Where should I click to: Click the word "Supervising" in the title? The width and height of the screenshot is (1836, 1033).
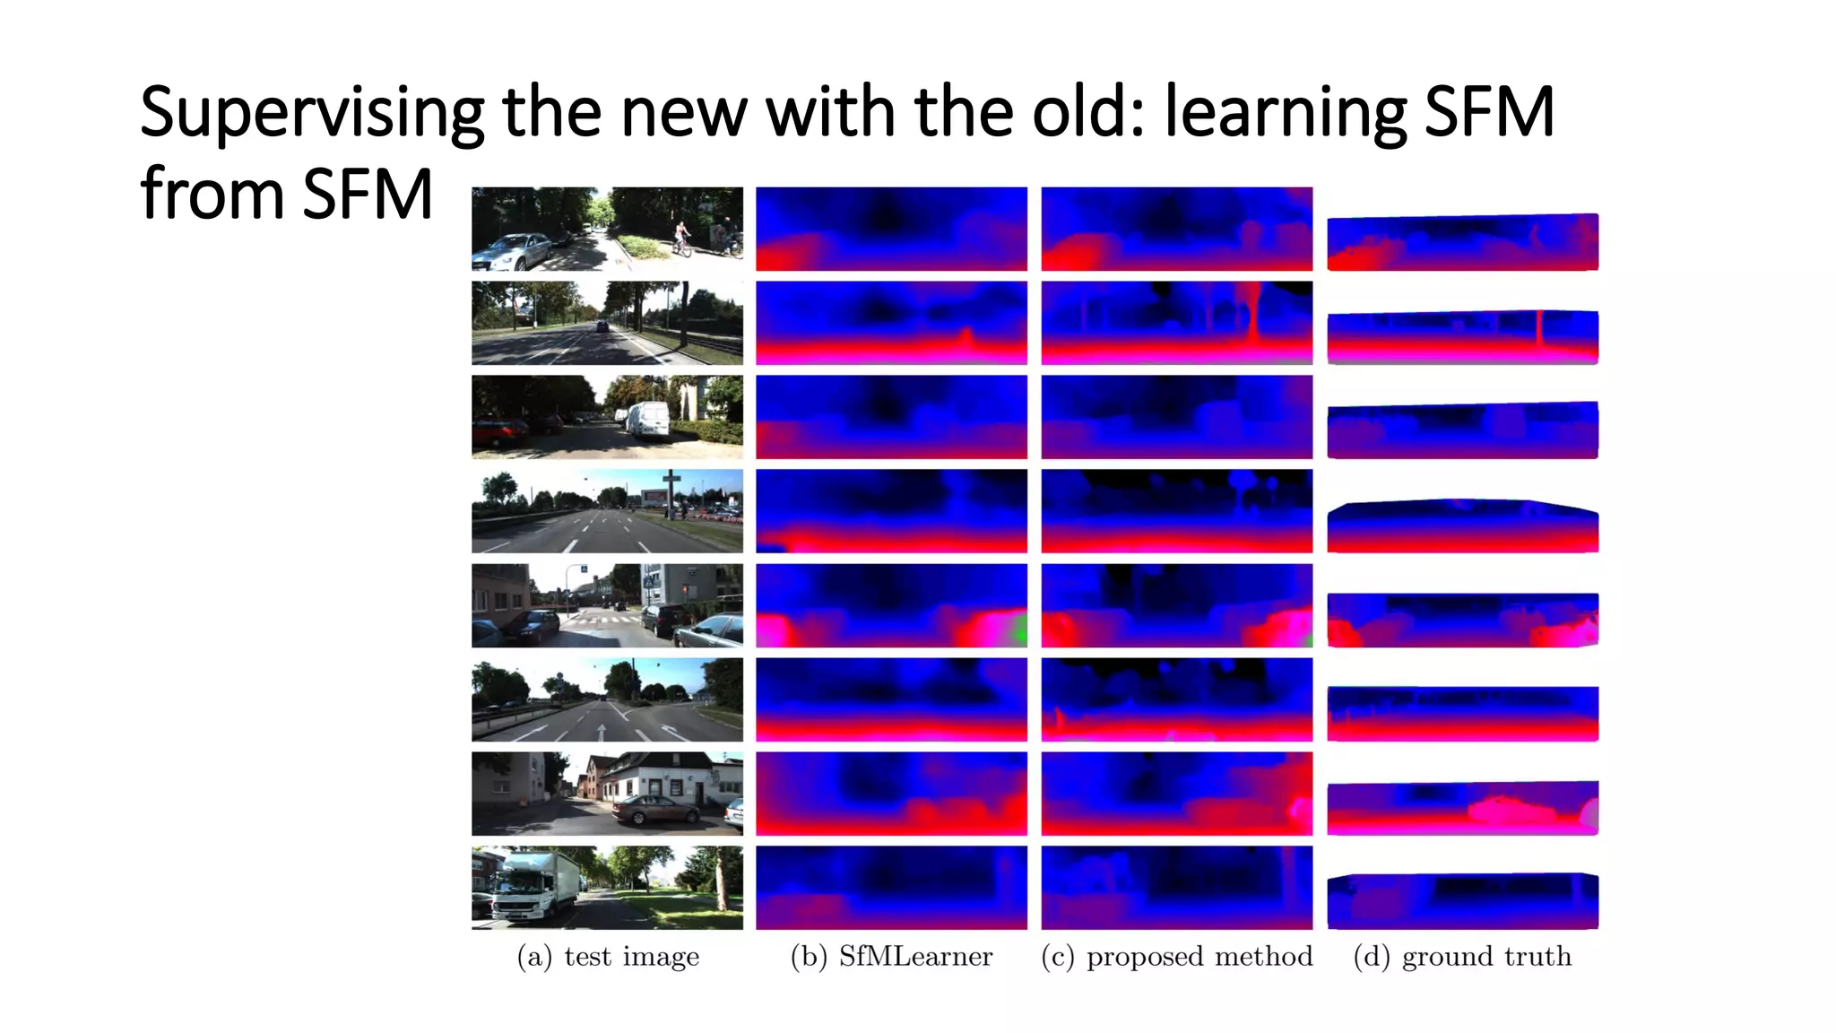click(x=311, y=113)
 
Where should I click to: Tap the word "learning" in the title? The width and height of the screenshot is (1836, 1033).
click(x=1286, y=113)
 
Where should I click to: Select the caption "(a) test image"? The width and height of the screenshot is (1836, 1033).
click(x=608, y=957)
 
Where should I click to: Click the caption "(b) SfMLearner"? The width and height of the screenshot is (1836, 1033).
click(x=891, y=957)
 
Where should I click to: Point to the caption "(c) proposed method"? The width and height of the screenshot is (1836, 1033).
click(x=1176, y=957)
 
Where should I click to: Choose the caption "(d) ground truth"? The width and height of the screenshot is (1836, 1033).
click(x=1462, y=957)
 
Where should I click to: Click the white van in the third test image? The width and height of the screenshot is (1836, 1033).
click(x=648, y=420)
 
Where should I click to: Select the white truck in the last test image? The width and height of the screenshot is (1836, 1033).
click(x=533, y=887)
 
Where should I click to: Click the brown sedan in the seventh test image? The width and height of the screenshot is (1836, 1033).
click(x=655, y=811)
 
